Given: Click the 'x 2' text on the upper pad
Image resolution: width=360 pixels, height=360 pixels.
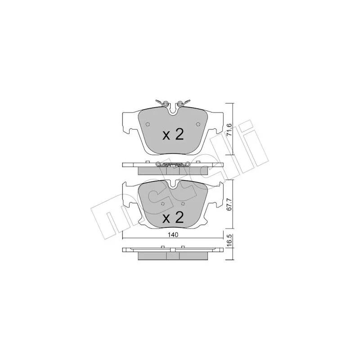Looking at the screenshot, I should [173, 135].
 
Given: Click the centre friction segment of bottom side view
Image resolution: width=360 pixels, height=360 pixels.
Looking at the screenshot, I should [173, 256].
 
